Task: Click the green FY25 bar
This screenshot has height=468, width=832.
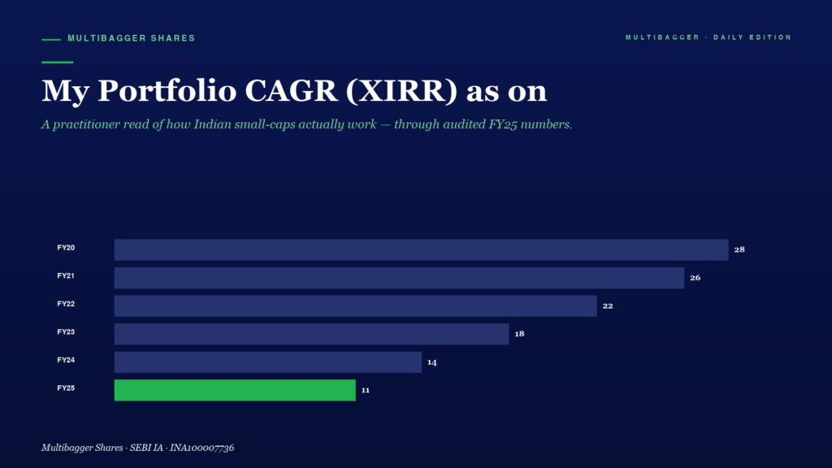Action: pos(235,390)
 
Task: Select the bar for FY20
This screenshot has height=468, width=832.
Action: pos(422,249)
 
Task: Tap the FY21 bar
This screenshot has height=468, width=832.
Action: pos(399,278)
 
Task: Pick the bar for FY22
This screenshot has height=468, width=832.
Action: pos(356,305)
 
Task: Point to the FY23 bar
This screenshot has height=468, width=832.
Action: pos(311,334)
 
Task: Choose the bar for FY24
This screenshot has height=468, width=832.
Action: pos(268,362)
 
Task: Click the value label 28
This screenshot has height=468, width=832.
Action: pos(739,249)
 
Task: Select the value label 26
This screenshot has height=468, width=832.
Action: pos(695,278)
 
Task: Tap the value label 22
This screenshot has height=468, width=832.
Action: pos(608,305)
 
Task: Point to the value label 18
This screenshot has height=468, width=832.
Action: pos(519,334)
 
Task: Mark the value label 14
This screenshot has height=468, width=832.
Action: pos(432,362)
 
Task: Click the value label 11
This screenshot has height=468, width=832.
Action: pos(366,390)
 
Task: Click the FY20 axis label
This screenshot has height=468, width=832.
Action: pos(66,248)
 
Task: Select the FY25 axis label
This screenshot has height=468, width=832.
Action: pos(66,388)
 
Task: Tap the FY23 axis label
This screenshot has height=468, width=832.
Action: pos(66,332)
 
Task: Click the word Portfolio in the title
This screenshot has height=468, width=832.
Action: pos(167,91)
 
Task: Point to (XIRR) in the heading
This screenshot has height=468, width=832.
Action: pos(401,91)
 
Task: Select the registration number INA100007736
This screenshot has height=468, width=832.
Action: pos(201,448)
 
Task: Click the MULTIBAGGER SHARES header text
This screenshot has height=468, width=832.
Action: pos(132,38)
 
